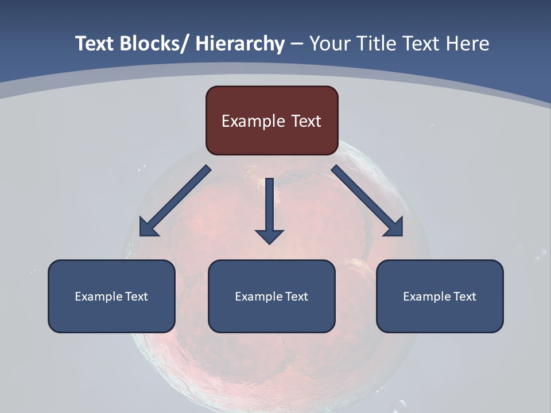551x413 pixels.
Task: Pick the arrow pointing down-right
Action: (x=367, y=201)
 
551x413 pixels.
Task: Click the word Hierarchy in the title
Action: (x=240, y=44)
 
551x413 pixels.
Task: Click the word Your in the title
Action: (x=329, y=44)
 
